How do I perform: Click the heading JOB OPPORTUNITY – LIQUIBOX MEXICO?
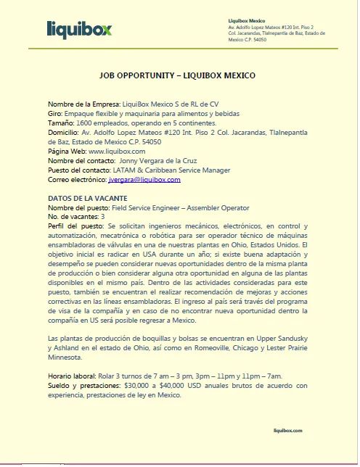(x=179, y=75)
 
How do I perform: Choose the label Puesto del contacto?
(x=82, y=170)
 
